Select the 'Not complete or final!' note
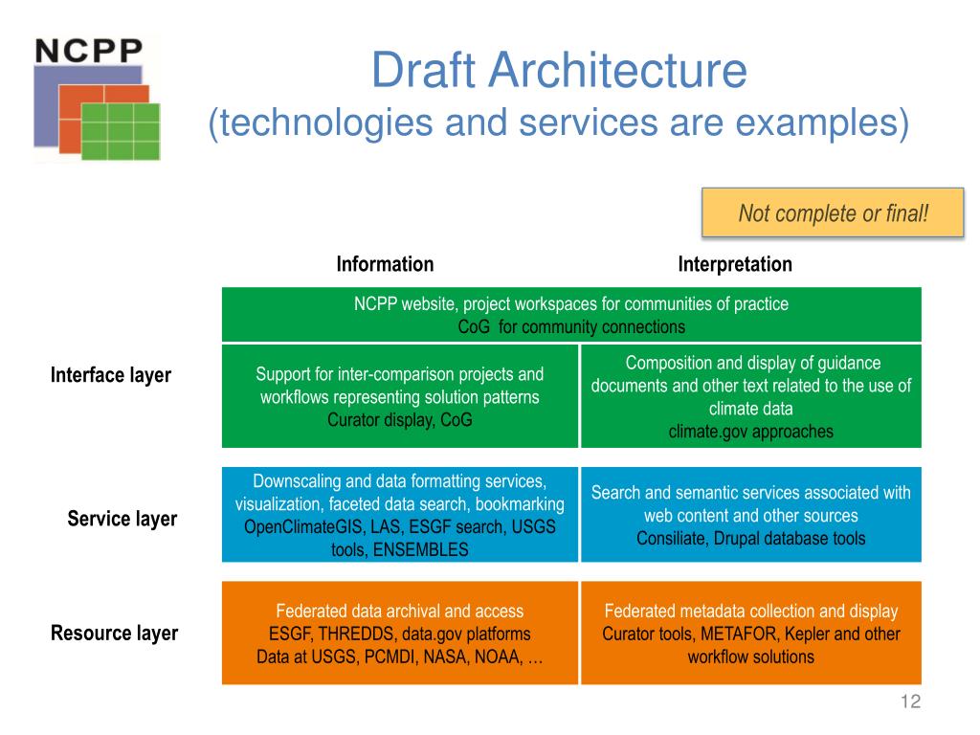pos(833,212)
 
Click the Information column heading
pos(385,264)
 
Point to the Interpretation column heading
pos(735,264)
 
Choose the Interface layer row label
pos(111,375)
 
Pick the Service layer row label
pos(122,519)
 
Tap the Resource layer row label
pos(114,634)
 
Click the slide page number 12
pos(910,703)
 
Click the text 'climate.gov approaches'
pos(750,432)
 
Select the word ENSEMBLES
pos(422,549)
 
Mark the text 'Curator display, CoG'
pos(399,420)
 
